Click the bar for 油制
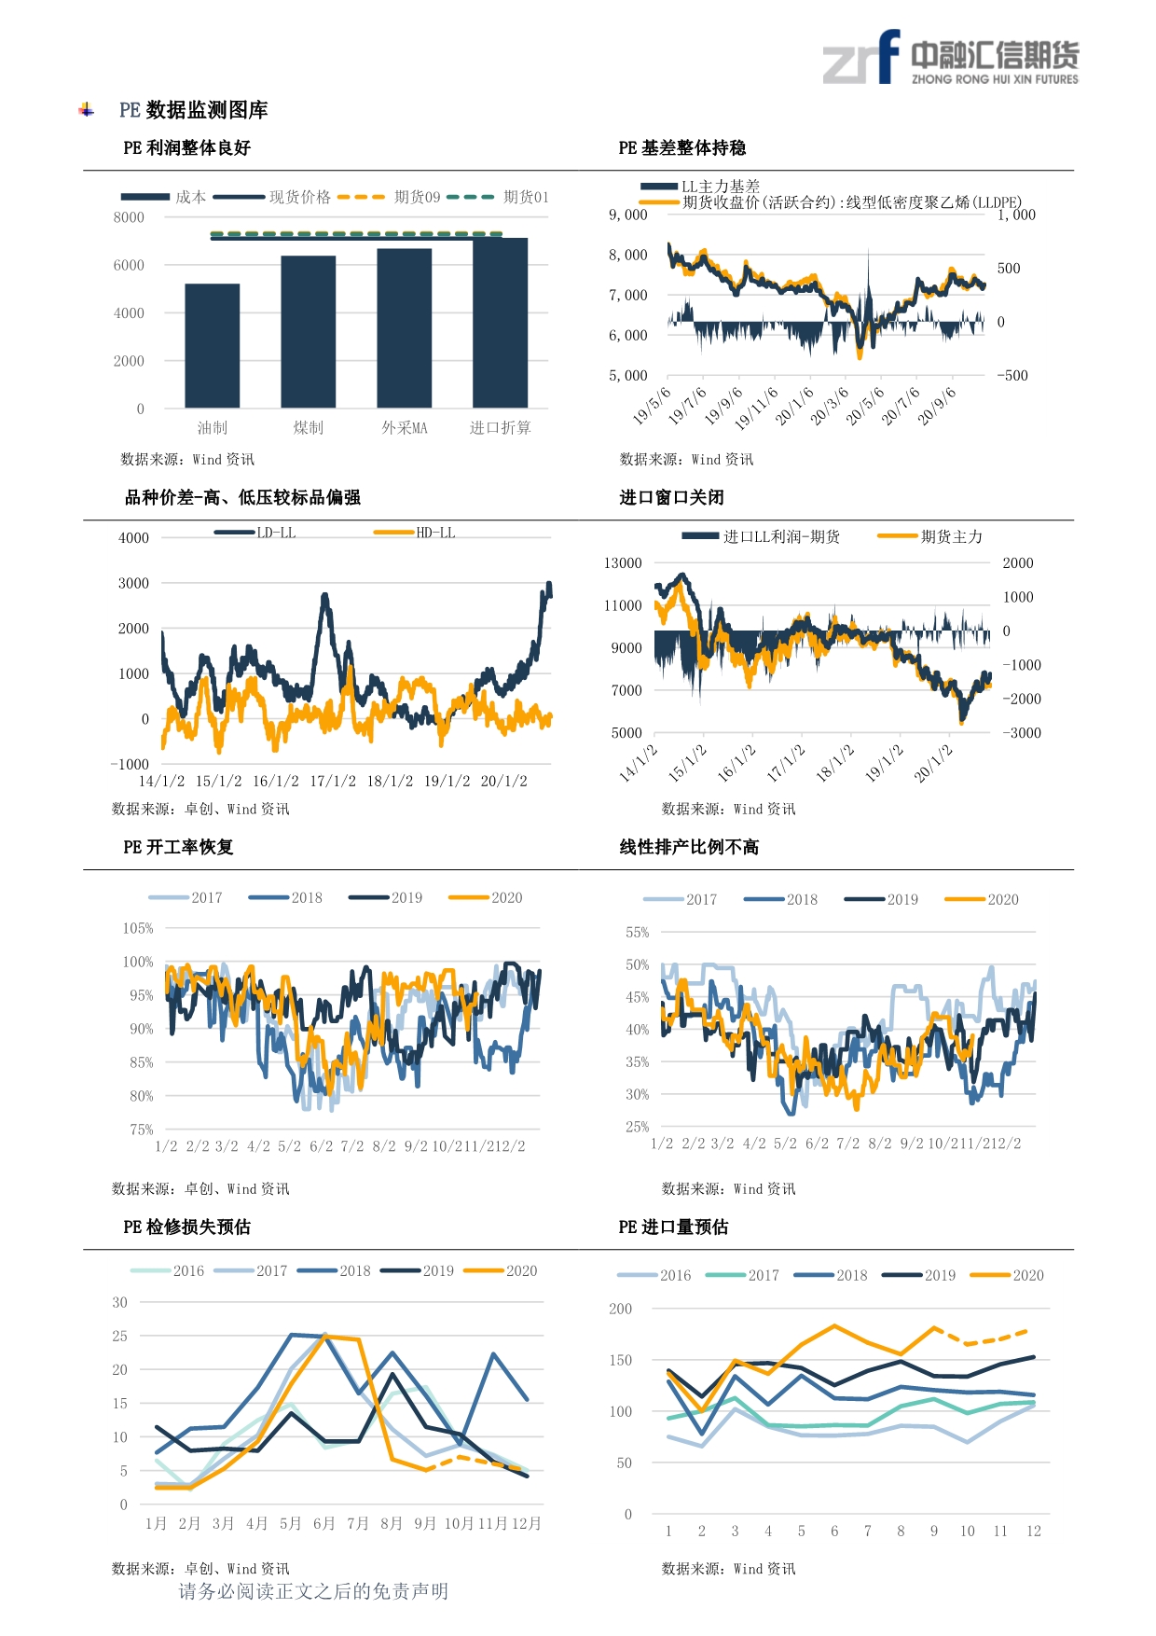(x=213, y=345)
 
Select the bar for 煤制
(x=309, y=331)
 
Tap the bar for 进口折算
(x=501, y=323)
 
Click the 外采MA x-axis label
(x=405, y=428)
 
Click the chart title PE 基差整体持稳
(x=681, y=148)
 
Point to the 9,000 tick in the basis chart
(x=628, y=215)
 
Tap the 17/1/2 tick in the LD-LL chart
(x=333, y=782)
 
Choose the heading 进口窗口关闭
(x=671, y=497)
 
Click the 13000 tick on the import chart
(x=623, y=563)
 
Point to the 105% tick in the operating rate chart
(x=138, y=929)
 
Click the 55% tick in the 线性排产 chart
(x=638, y=933)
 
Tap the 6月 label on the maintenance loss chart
(x=323, y=1523)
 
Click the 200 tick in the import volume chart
(x=620, y=1310)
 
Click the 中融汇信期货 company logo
(x=950, y=59)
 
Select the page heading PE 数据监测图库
(x=194, y=110)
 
